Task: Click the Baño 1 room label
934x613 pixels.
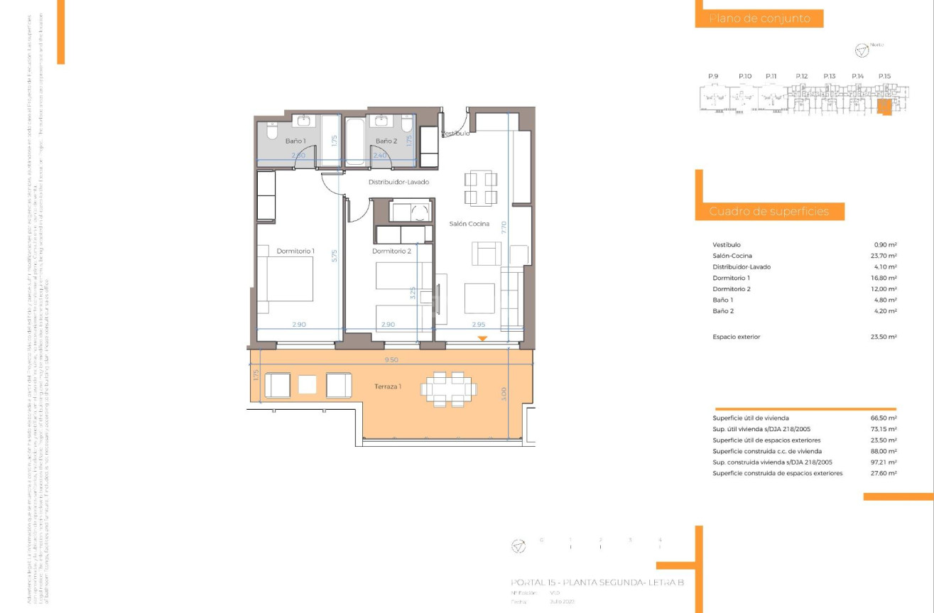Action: [x=295, y=141]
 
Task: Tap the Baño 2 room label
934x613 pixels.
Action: [x=386, y=141]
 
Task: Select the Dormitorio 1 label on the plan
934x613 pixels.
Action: [x=295, y=251]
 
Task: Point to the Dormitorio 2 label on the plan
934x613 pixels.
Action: [x=391, y=251]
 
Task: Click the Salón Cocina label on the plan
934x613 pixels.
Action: [x=469, y=224]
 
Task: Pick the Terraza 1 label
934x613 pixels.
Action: [x=389, y=386]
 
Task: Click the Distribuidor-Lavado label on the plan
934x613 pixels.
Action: [x=398, y=182]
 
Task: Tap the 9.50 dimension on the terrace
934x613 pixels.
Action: [x=391, y=360]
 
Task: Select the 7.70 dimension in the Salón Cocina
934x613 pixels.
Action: [x=504, y=227]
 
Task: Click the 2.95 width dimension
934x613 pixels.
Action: [x=478, y=325]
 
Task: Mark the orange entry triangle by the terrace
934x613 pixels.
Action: [x=482, y=339]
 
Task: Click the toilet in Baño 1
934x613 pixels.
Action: [x=271, y=131]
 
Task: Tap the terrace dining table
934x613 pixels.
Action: [x=449, y=389]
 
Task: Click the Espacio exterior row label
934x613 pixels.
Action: [x=736, y=337]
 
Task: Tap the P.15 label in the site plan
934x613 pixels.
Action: [x=884, y=76]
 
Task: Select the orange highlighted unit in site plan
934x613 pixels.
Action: [x=884, y=107]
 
